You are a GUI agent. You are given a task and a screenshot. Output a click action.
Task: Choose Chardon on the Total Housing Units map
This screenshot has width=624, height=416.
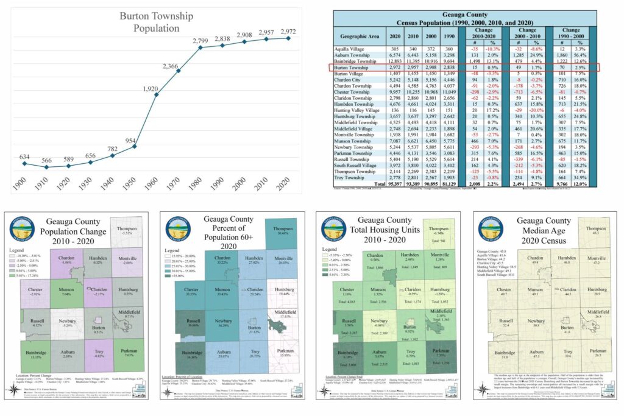tap(375, 256)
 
